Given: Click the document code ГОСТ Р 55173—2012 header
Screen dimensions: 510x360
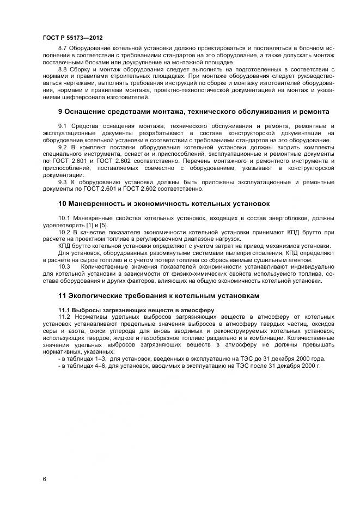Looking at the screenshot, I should coord(72,38).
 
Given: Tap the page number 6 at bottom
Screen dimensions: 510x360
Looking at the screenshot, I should coord(45,479).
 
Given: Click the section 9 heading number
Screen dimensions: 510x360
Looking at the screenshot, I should coord(60,112).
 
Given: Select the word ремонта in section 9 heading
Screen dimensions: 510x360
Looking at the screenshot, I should coord(313,112).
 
